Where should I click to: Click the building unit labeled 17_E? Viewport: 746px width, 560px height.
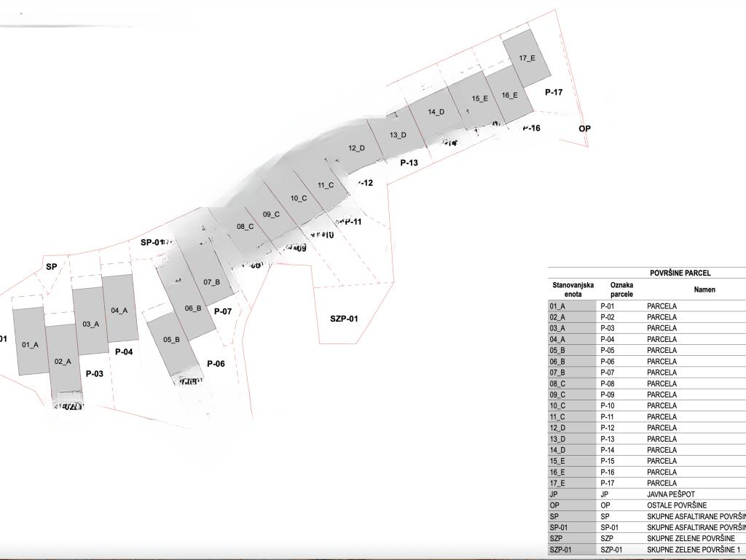click(527, 58)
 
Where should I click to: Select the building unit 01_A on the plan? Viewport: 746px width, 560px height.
click(30, 344)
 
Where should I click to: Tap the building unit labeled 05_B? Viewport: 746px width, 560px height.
click(171, 340)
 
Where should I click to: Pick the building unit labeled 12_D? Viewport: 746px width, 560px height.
click(356, 148)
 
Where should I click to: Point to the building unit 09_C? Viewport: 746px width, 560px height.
click(271, 214)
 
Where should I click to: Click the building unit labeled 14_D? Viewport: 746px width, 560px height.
click(436, 112)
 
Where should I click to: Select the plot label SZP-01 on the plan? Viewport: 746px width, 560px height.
click(344, 319)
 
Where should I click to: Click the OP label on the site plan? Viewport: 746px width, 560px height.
click(584, 128)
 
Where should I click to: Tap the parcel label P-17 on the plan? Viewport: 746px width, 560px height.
click(554, 93)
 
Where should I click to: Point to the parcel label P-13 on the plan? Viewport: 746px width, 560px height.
click(409, 163)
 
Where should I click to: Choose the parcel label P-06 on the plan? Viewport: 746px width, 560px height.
click(216, 364)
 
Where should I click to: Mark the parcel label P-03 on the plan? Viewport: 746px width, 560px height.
click(94, 374)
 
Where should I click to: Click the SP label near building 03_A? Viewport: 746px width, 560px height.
click(51, 267)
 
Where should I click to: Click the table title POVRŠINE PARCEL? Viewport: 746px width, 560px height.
click(680, 273)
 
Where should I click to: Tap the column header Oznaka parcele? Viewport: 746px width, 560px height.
click(621, 289)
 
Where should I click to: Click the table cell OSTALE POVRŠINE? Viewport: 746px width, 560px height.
click(677, 505)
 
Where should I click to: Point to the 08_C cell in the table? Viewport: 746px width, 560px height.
click(557, 384)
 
